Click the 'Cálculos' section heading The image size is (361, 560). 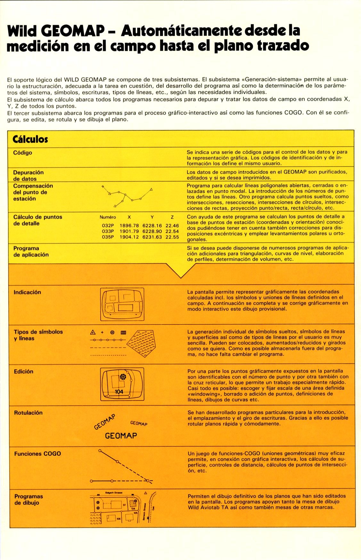point(30,139)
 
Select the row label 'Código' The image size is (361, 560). point(22,153)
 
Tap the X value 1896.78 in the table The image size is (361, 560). point(129,225)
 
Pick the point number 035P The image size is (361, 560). point(108,237)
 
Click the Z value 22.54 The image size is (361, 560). point(172,231)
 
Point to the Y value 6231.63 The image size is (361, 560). point(152,237)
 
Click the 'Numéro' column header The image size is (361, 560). point(108,217)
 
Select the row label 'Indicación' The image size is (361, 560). point(27,292)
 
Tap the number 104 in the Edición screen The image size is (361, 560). point(119,392)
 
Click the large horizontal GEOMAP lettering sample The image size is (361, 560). point(121,436)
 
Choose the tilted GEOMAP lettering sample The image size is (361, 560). point(104,422)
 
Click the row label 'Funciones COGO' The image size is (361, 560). point(37,454)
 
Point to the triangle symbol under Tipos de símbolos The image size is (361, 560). point(93,332)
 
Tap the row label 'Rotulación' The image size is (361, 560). point(28,413)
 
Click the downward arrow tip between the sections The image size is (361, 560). point(181,277)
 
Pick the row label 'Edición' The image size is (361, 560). point(23,371)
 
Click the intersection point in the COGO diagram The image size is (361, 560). point(148,480)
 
